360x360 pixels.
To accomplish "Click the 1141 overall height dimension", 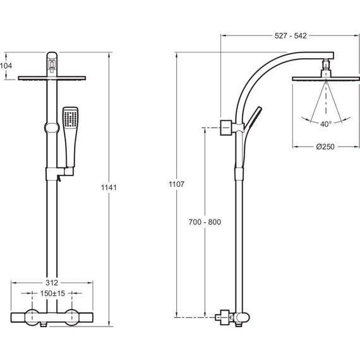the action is (x=109, y=188).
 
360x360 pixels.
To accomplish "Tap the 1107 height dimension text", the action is (x=177, y=184).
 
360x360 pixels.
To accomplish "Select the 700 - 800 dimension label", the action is (x=205, y=222).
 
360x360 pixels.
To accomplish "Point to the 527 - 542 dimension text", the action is (x=291, y=36).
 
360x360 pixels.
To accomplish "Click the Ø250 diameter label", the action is (x=325, y=147).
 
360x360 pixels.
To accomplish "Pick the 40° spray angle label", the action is (x=326, y=124).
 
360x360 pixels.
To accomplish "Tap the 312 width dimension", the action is (x=52, y=282).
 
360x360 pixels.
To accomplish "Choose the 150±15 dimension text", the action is (x=52, y=294).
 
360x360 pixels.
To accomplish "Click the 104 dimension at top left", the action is (x=6, y=66).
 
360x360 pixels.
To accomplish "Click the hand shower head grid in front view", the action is (x=71, y=119).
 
